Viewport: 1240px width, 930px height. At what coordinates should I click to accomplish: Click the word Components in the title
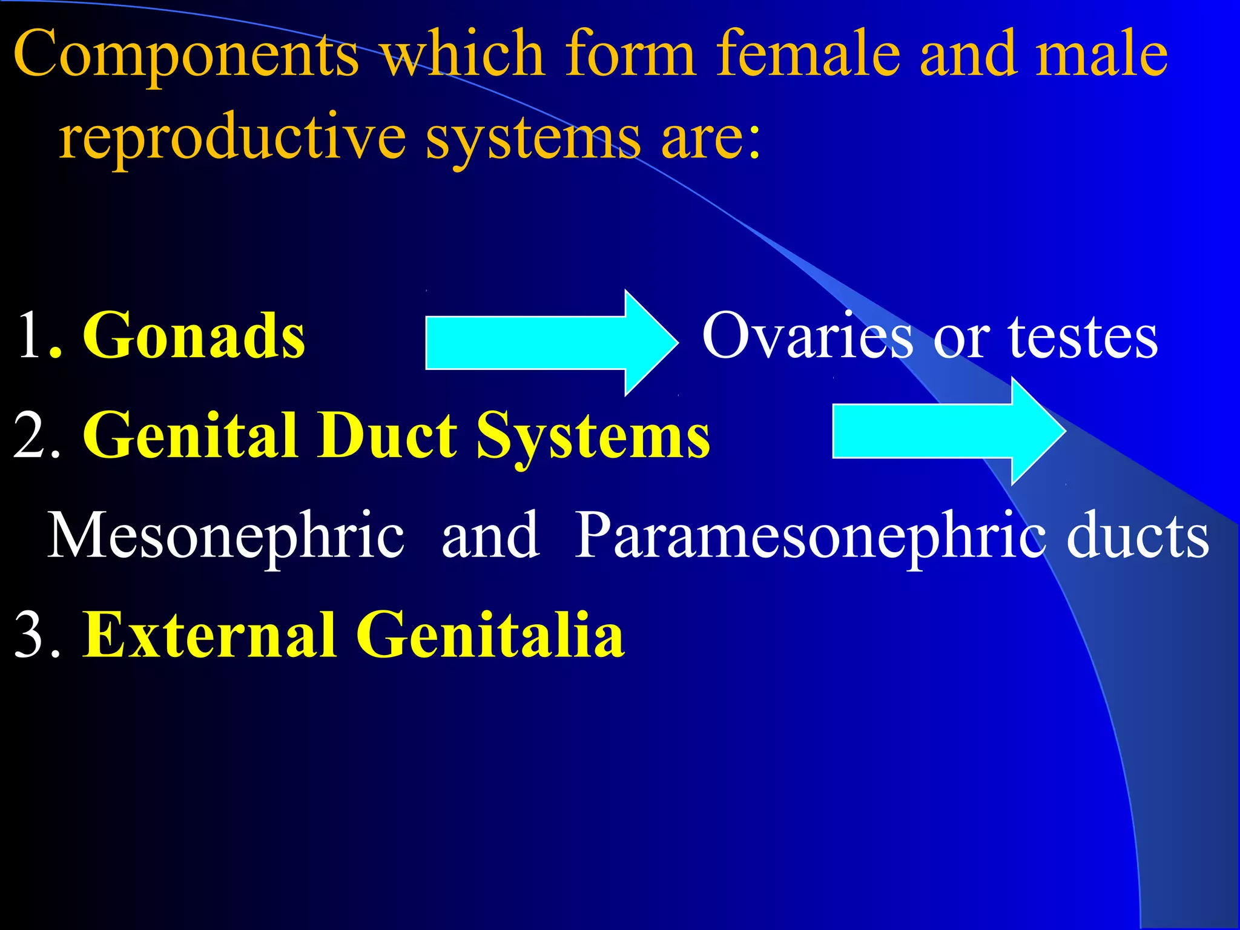tap(186, 56)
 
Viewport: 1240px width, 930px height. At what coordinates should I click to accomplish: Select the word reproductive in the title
tap(232, 138)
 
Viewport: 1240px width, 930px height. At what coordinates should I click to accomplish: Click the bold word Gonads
tap(194, 337)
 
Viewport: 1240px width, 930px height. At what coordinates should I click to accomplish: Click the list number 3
tap(30, 636)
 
